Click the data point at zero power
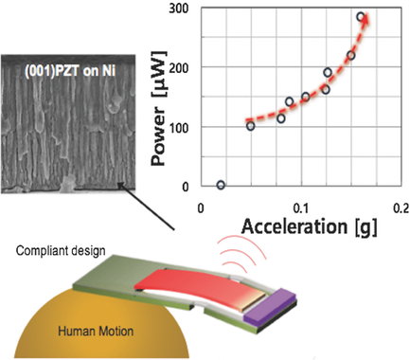pyautogui.click(x=221, y=185)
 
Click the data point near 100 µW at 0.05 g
pyautogui.click(x=250, y=125)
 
